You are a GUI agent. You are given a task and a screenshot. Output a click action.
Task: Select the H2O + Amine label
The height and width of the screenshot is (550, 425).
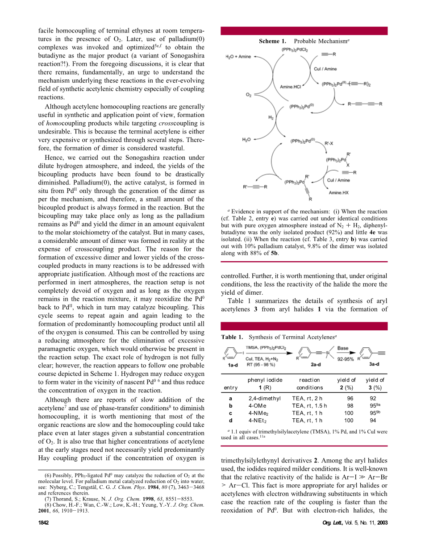(238, 57)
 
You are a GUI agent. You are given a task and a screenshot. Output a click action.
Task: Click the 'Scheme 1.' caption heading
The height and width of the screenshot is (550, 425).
(273, 41)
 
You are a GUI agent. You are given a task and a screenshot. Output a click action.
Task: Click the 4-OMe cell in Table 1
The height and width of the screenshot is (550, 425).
(257, 406)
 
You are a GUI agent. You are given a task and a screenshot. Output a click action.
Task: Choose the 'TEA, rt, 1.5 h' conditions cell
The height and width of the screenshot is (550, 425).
(309, 406)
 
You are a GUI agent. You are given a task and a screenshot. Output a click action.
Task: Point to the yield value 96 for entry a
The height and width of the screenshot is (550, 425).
(350, 399)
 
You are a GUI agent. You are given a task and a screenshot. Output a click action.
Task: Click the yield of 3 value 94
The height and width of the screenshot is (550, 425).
(373, 420)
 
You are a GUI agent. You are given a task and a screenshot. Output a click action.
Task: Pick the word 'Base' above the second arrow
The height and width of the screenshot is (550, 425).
(343, 348)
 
